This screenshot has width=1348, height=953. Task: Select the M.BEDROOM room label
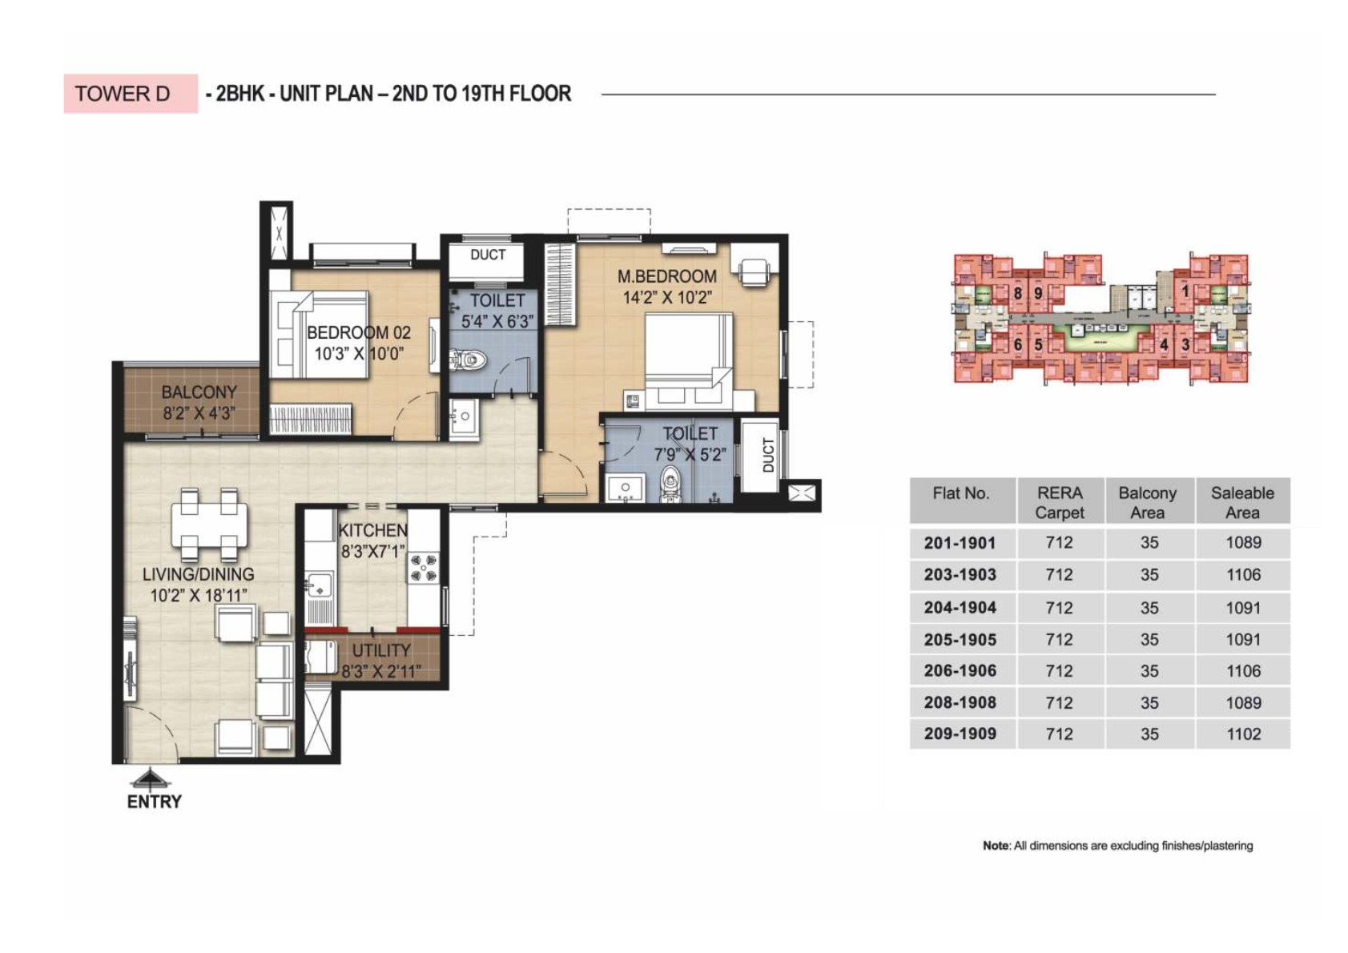(x=666, y=277)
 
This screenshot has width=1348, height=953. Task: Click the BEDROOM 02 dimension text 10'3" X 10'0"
(x=358, y=354)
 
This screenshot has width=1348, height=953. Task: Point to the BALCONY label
(x=199, y=392)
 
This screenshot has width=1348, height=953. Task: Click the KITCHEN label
(x=372, y=531)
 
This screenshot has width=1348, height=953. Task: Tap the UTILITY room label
(x=381, y=651)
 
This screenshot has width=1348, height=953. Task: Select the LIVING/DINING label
(x=198, y=574)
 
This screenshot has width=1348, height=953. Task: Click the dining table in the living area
(x=209, y=525)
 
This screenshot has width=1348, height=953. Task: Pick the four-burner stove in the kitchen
(x=424, y=567)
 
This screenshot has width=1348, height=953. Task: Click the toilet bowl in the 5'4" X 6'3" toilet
(x=468, y=360)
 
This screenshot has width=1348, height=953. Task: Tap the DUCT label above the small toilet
(x=487, y=255)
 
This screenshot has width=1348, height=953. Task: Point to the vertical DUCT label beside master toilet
(x=768, y=454)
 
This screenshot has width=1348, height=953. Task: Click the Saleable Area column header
(x=1242, y=502)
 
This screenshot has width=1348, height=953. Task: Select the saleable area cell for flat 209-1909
(x=1243, y=734)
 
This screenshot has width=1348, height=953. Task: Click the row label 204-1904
(x=960, y=608)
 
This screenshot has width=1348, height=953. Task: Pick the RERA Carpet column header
(x=1060, y=502)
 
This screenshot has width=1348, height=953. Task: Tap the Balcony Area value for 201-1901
(x=1149, y=543)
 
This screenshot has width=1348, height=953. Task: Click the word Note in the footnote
(x=996, y=846)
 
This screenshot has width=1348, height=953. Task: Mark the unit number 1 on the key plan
(x=1185, y=292)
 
